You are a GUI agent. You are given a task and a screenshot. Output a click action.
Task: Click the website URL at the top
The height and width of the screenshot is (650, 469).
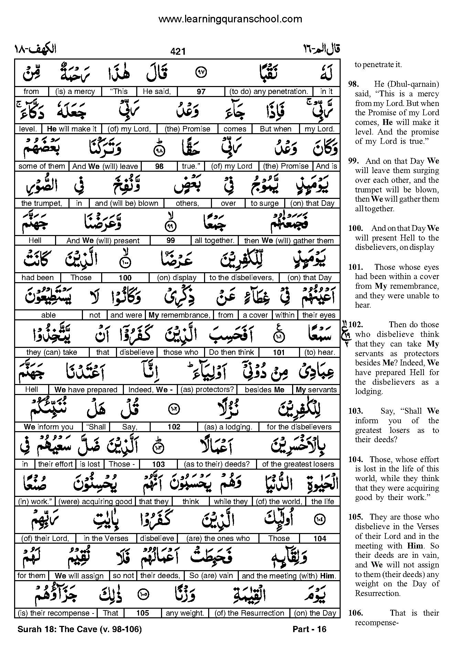(230, 19)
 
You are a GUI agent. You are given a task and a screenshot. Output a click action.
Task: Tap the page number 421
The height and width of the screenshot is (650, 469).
(178, 51)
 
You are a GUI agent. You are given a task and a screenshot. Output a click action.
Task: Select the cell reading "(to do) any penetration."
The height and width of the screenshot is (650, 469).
(268, 92)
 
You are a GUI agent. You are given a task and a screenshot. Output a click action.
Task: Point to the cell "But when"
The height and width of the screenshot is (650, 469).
(276, 129)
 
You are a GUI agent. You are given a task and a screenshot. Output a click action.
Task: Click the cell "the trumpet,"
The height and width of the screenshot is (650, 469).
(42, 203)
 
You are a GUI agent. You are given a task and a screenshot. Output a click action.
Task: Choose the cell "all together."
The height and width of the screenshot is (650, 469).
(214, 241)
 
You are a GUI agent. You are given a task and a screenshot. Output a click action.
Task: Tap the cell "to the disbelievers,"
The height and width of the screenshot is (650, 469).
(242, 278)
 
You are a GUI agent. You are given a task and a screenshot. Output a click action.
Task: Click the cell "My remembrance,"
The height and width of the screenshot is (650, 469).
(179, 315)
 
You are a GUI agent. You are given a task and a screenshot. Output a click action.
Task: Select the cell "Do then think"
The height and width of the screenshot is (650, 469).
(231, 352)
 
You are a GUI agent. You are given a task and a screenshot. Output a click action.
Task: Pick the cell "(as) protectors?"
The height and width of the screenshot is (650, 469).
(209, 390)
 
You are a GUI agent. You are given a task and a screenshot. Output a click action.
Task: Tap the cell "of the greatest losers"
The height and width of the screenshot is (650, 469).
(298, 464)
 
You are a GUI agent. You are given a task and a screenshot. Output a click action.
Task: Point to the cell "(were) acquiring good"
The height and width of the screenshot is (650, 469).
(95, 502)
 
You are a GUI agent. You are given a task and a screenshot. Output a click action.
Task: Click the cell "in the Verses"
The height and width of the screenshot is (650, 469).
(106, 539)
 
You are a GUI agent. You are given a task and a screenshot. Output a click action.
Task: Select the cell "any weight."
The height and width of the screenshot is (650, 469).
(185, 613)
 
